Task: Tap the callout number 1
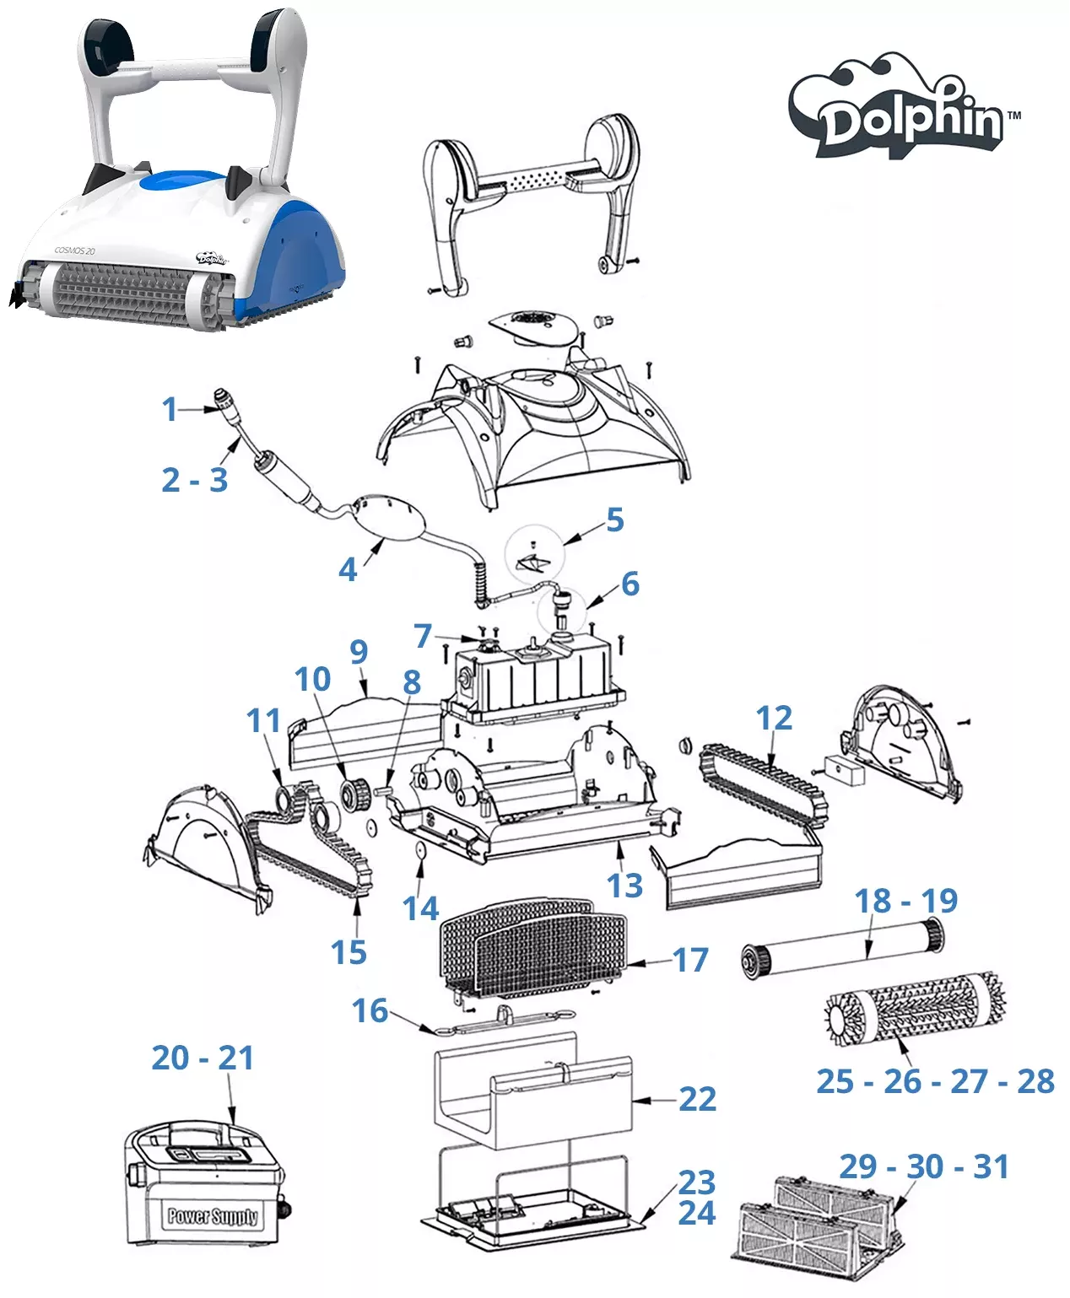pyautogui.click(x=170, y=409)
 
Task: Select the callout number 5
pyautogui.click(x=615, y=520)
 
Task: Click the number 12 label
pyautogui.click(x=774, y=718)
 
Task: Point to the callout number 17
pyautogui.click(x=689, y=960)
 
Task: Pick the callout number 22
pyautogui.click(x=697, y=1099)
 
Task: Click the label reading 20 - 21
pyautogui.click(x=203, y=1058)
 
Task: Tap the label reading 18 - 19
pyautogui.click(x=905, y=901)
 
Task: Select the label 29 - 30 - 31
pyautogui.click(x=923, y=1166)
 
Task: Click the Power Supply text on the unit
pyautogui.click(x=212, y=1215)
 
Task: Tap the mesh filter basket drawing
pyautogui.click(x=532, y=945)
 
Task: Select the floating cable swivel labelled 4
pyautogui.click(x=389, y=516)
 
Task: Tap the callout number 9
pyautogui.click(x=359, y=651)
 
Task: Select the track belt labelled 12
pyautogui.click(x=762, y=781)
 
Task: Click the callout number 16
pyautogui.click(x=370, y=1010)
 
